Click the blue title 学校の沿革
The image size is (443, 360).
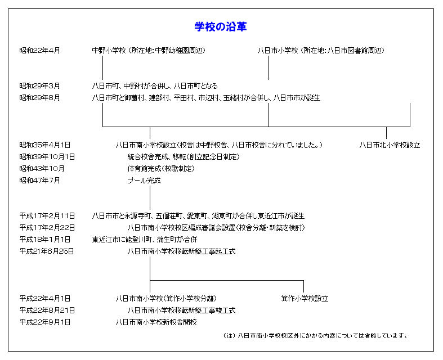tap(220, 27)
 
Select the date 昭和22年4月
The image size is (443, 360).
tap(39, 51)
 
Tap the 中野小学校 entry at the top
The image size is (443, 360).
tap(149, 51)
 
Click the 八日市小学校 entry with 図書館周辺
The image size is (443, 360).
tap(321, 51)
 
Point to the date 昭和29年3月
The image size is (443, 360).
tap(39, 86)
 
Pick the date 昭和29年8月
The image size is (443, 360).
tap(39, 98)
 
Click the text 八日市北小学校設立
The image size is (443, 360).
tap(390, 145)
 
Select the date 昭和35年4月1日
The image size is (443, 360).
tap(44, 145)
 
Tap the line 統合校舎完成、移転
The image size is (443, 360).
tap(184, 157)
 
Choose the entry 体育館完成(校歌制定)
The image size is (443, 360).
tap(161, 169)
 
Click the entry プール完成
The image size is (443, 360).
tap(144, 181)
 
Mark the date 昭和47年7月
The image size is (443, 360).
tap(39, 181)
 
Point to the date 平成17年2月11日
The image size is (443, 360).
tap(47, 216)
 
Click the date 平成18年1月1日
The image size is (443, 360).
tap(44, 240)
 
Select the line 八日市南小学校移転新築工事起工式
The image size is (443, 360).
tap(181, 251)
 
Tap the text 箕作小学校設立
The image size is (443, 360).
tap(305, 299)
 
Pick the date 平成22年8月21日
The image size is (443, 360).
tap(47, 310)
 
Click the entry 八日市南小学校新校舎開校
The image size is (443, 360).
tap(156, 322)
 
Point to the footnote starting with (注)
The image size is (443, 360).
tap(315, 335)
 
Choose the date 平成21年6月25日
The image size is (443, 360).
tap(46, 251)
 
